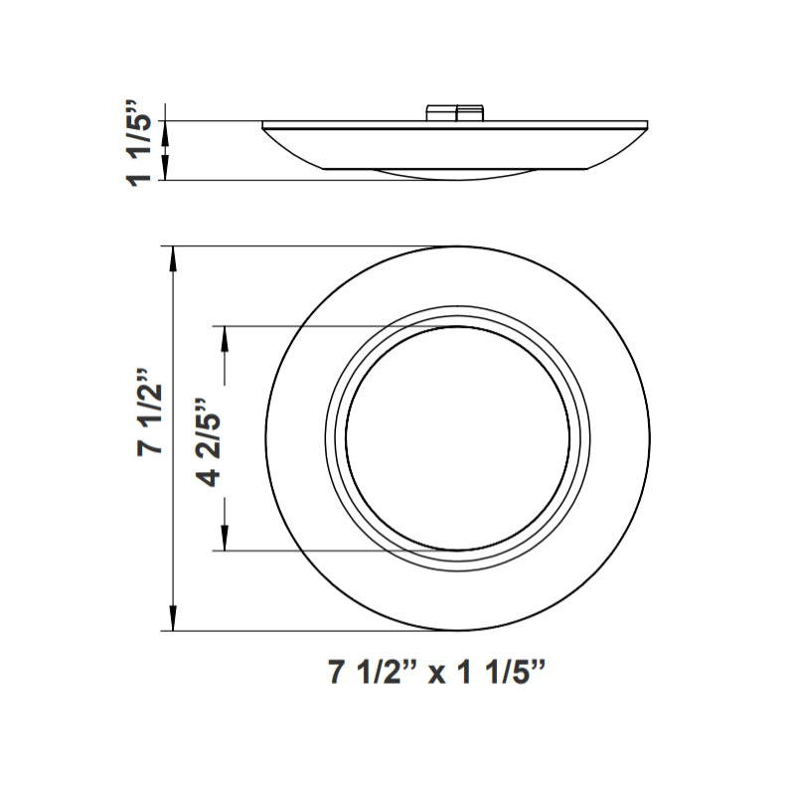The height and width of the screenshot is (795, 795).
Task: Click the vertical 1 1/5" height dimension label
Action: (139, 144)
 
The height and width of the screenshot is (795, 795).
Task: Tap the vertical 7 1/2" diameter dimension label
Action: (150, 412)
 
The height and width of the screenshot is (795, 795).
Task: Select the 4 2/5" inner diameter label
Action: (209, 442)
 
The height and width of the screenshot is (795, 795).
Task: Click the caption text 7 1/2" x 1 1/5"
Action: (436, 673)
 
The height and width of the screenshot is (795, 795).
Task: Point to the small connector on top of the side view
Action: (456, 113)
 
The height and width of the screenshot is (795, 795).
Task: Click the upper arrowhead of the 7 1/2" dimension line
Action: (173, 261)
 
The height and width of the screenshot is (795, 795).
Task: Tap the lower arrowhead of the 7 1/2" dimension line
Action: (173, 617)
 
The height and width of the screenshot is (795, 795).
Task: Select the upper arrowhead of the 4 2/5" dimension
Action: (225, 339)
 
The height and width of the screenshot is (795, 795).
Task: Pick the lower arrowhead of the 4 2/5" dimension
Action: (225, 537)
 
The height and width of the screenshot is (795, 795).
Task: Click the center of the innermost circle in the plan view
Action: (458, 438)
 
